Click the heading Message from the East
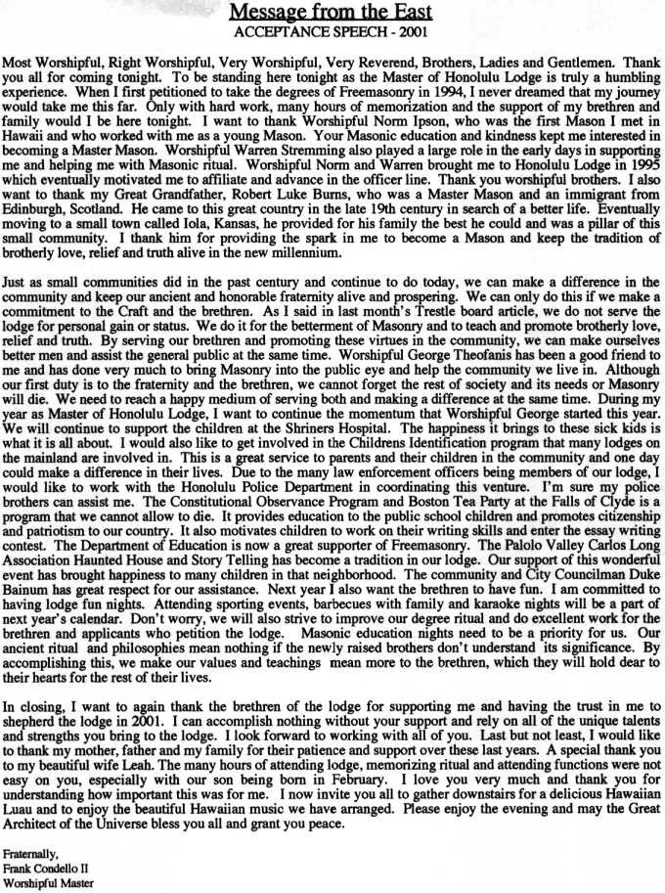(332, 12)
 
